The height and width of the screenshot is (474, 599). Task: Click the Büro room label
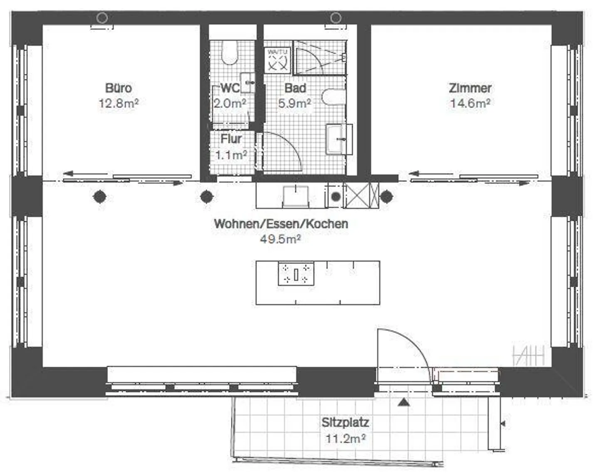point(119,88)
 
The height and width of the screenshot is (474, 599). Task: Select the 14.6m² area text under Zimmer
point(470,103)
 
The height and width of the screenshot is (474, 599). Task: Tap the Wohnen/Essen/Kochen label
point(281,224)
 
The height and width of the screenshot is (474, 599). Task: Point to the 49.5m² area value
point(280,239)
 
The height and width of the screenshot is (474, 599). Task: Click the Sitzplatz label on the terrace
point(345,422)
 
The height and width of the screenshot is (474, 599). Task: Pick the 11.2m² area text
point(345,439)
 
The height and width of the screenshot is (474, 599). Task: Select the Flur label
point(231,138)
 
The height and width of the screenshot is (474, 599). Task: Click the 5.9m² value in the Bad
point(295,103)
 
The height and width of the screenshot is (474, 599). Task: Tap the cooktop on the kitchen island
point(296,274)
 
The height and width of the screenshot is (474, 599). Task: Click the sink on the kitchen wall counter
point(296,196)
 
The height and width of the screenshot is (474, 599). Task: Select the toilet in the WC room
point(230,53)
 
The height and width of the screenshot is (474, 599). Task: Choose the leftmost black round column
point(99,196)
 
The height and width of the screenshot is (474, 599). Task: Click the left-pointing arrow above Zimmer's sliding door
point(416,174)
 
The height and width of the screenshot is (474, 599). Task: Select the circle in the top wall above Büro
point(102,18)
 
